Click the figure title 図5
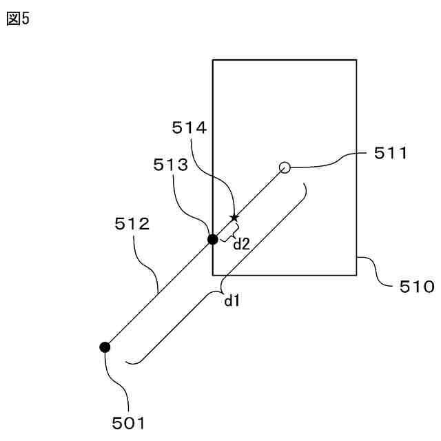(18, 19)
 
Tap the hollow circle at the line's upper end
(284, 167)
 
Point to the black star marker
(234, 218)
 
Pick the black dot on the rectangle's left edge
(213, 239)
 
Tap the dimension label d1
(232, 300)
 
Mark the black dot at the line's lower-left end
(105, 347)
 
